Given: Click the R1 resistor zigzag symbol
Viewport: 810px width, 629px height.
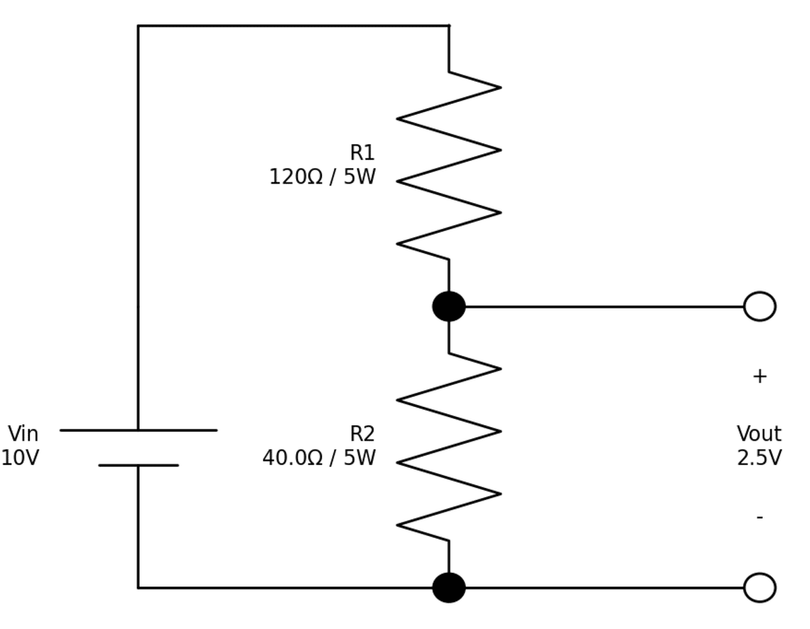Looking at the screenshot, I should (x=449, y=165).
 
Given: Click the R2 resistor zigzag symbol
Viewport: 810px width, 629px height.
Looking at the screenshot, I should (x=449, y=447).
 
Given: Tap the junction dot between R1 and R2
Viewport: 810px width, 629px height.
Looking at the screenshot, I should (x=449, y=306).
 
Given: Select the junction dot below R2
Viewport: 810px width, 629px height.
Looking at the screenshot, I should (x=449, y=587).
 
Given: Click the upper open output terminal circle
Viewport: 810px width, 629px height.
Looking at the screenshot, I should (x=759, y=306).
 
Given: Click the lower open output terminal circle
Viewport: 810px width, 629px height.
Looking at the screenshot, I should (x=759, y=587).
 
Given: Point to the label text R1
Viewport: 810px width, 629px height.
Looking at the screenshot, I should (x=362, y=153).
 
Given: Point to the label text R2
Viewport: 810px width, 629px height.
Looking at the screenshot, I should (x=362, y=434).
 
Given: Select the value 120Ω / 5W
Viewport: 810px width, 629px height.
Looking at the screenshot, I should (x=322, y=177).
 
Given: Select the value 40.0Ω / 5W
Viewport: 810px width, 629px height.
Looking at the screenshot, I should (x=319, y=458).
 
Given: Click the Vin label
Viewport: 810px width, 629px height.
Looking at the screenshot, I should (x=23, y=434).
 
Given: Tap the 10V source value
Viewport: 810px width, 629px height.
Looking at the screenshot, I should (x=20, y=458).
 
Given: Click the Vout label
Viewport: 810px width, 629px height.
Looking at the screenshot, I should (x=759, y=434).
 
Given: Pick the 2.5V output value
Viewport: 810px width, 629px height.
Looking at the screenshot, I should (x=759, y=458).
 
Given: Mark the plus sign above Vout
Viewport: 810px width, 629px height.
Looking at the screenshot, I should (x=759, y=377).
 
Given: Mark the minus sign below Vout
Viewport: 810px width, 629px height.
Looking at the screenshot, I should (x=759, y=518).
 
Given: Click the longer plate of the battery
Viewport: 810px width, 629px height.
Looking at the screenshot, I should (x=138, y=430).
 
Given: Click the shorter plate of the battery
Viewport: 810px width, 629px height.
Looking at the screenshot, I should (x=138, y=465).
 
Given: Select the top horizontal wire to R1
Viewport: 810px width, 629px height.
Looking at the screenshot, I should (x=294, y=26).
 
